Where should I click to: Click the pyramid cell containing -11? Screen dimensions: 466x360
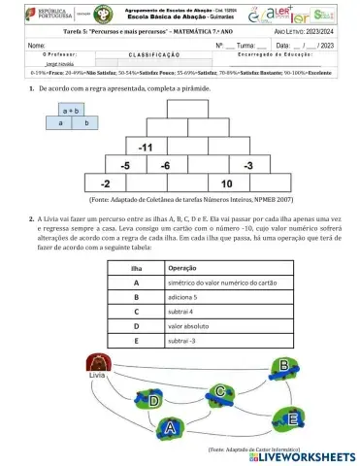pos(147,148)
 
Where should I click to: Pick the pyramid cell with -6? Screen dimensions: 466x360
pos(166,165)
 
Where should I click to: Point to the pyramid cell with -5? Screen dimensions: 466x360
pos(125,165)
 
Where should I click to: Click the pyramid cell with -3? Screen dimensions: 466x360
pos(247,165)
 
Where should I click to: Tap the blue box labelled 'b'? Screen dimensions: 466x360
pos(86,123)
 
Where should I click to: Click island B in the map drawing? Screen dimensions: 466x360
pos(283,364)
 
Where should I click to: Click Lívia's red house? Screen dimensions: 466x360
pos(97,363)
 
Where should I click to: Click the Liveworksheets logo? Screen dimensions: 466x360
pos(306,454)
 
